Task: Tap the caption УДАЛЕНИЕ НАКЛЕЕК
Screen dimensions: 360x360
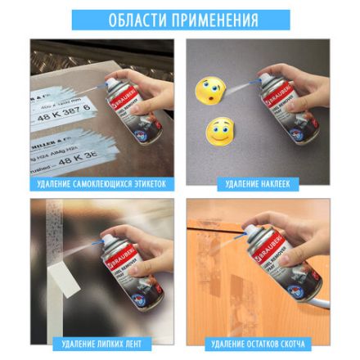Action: [258, 184]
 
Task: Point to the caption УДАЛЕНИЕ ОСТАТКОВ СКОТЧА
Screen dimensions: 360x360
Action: [258, 344]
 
